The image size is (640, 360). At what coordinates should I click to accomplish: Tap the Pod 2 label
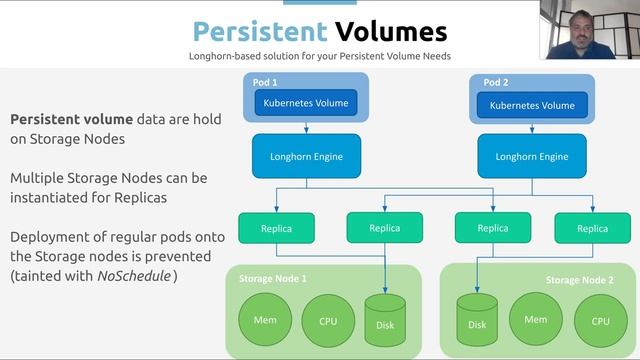tap(497, 82)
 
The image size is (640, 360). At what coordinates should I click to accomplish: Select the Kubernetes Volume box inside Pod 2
tap(532, 104)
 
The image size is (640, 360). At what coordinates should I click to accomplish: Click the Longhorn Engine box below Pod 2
tap(532, 156)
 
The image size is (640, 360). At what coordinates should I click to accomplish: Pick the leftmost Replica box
tap(276, 228)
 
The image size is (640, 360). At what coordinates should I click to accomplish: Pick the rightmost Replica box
tap(592, 228)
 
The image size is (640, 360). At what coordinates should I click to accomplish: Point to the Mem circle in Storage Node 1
tap(265, 321)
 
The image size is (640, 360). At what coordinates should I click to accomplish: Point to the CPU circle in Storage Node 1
tap(328, 321)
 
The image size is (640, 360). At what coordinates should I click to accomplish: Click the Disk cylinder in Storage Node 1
tap(385, 320)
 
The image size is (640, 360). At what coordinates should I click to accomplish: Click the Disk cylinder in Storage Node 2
tap(477, 320)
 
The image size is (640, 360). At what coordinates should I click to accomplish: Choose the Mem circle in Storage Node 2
tap(535, 320)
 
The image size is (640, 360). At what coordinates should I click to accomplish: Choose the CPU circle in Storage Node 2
tap(600, 321)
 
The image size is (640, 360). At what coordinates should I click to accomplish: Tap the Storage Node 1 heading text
tap(273, 278)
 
